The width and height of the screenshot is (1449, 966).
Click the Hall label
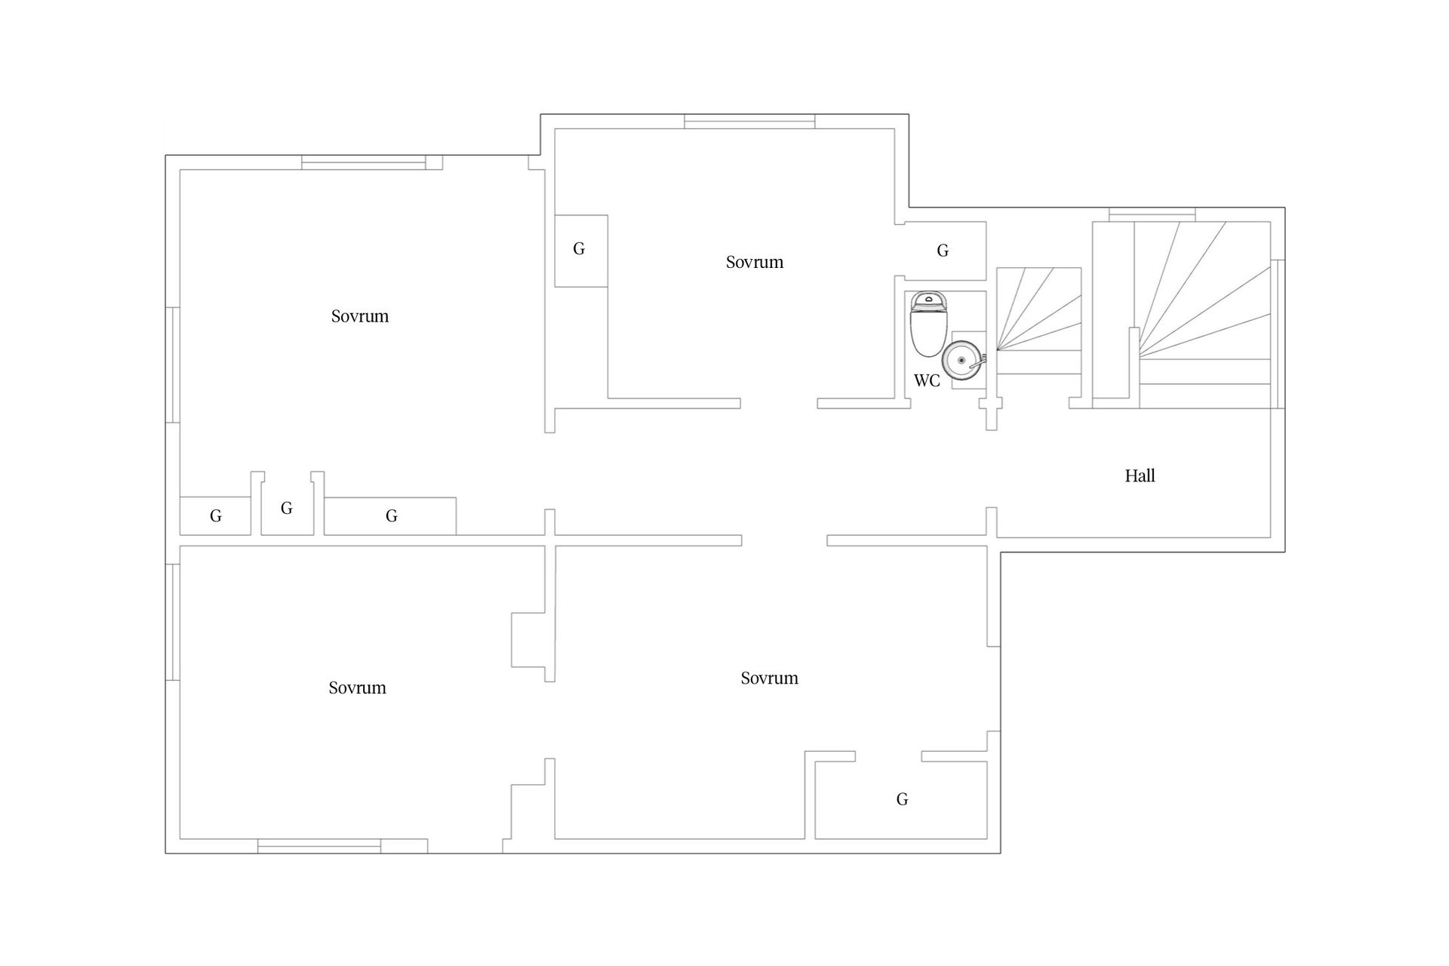coord(1140,475)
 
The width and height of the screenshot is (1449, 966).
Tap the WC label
coord(927,380)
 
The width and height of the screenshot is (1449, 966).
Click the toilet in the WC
coord(928,325)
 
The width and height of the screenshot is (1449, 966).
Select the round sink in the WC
coord(962,360)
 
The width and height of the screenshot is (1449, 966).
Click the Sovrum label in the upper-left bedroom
coord(360,316)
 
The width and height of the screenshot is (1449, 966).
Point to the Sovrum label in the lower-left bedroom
coord(357,688)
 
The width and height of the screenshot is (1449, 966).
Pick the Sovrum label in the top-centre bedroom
coord(755,262)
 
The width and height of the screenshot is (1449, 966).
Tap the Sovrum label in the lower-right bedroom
coord(769,678)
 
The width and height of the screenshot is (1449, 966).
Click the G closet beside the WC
coord(943,251)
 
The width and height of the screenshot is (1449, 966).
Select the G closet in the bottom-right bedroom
coord(902,799)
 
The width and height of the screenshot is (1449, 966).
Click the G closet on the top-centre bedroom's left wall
coord(580,249)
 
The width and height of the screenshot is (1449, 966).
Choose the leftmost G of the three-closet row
coord(215,516)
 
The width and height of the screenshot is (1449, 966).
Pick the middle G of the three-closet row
coord(287,508)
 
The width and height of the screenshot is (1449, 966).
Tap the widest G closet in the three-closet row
coord(391,516)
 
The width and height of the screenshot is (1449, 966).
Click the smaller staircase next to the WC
coord(1039,320)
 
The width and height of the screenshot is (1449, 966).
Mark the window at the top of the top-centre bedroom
coord(749,122)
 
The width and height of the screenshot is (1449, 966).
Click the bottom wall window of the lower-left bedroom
coord(319,846)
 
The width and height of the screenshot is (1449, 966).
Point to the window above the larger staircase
coord(1152,214)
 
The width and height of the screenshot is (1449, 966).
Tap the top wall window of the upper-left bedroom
coord(364,162)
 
